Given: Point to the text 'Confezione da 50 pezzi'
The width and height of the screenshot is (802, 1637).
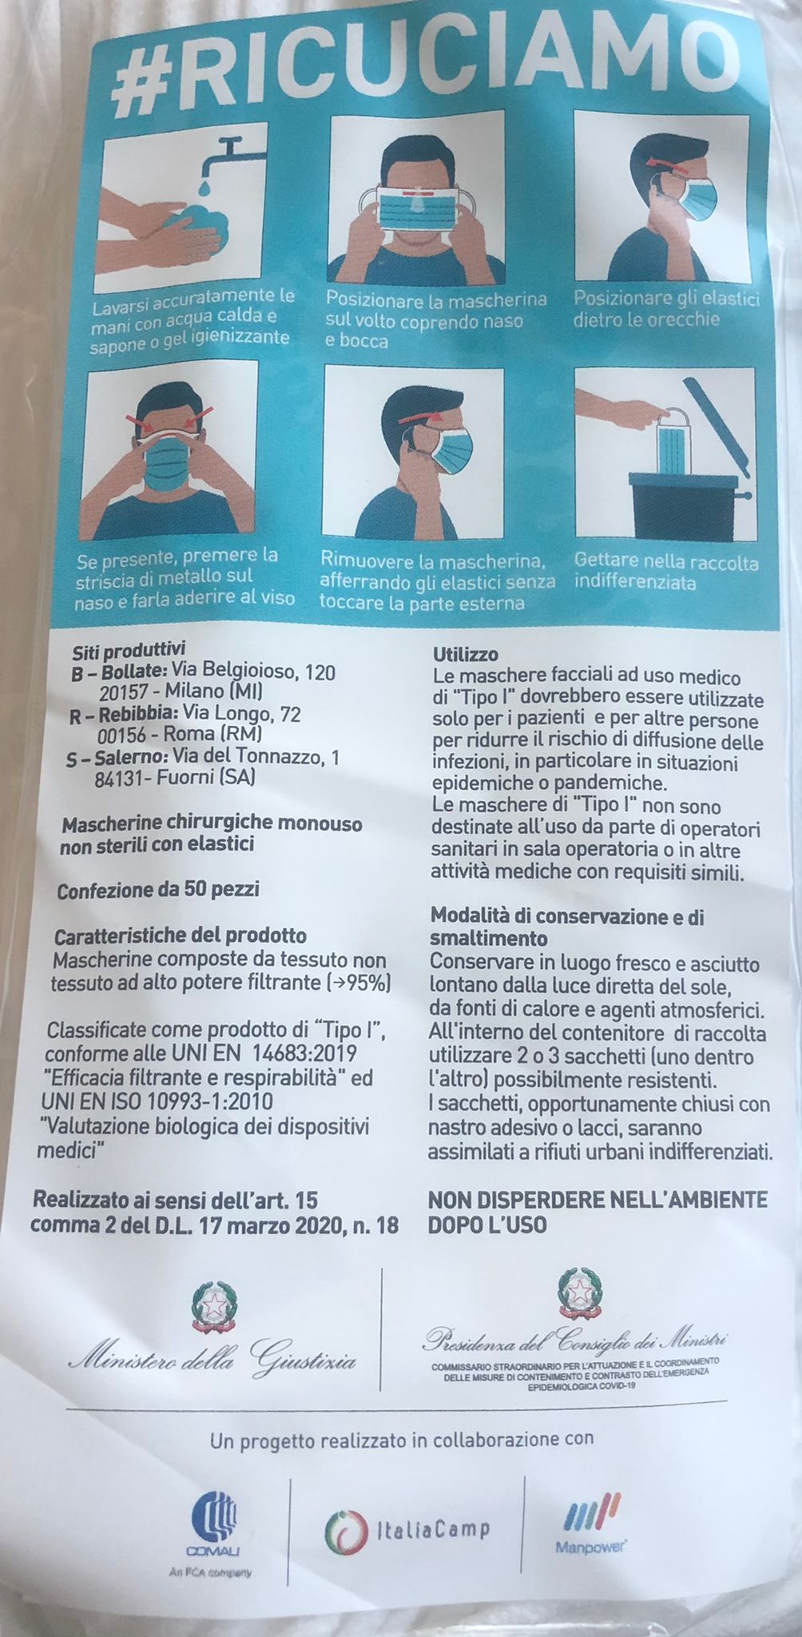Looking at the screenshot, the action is coord(157,890).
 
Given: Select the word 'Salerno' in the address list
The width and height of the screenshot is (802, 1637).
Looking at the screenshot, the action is coord(131,756).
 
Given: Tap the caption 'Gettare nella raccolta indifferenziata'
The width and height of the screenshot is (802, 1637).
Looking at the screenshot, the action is coord(666,572).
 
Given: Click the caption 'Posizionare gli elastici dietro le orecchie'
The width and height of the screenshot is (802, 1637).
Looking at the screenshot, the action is coord(666,309).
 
